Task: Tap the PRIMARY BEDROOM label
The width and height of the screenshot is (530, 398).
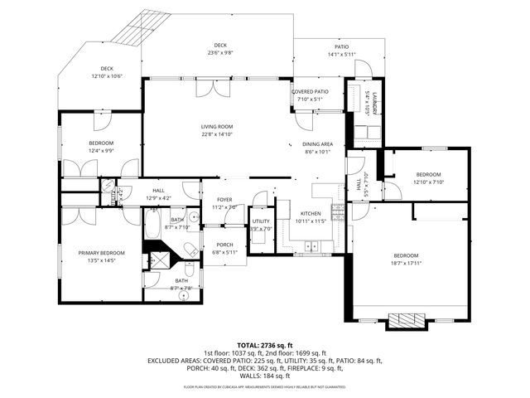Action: (x=101, y=253)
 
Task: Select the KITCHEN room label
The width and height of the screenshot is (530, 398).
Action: (x=311, y=213)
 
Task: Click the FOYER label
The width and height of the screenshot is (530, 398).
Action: (x=224, y=200)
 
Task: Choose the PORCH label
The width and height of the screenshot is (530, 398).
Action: (x=224, y=245)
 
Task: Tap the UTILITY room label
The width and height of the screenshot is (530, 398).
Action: (x=261, y=221)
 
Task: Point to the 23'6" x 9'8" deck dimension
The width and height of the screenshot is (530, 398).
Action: (x=219, y=52)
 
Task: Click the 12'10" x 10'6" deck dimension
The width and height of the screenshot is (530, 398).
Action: (x=107, y=75)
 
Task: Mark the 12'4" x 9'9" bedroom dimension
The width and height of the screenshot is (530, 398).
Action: (x=101, y=150)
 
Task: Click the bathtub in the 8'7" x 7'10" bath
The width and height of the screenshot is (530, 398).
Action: (x=154, y=225)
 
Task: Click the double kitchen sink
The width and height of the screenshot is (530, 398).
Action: (x=312, y=245)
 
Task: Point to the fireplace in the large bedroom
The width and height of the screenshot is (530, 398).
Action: (x=406, y=320)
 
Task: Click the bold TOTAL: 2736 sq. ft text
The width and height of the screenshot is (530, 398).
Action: (x=265, y=344)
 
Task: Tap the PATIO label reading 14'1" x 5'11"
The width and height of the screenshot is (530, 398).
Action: (x=342, y=55)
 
